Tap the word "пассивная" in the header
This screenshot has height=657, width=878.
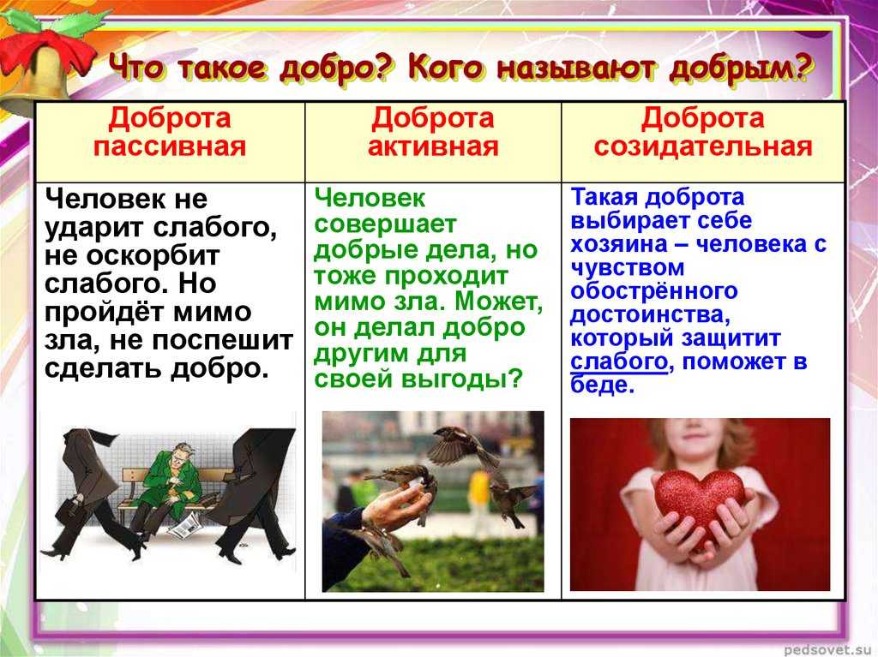click(170, 146)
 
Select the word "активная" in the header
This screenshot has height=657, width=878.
click(433, 146)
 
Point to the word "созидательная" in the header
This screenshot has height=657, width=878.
click(703, 146)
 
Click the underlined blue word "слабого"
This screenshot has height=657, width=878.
click(619, 362)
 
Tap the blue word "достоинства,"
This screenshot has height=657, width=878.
click(650, 315)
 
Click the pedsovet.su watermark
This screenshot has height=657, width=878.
click(830, 650)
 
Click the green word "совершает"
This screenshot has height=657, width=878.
click(385, 224)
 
